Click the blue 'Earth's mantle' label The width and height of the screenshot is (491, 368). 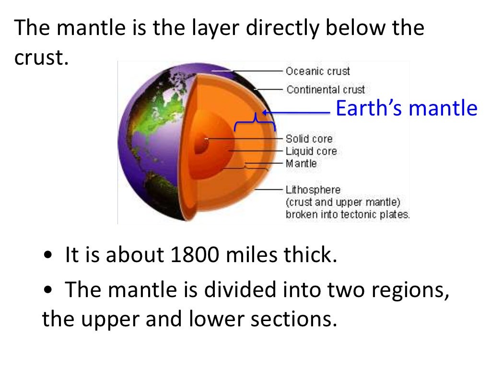pos(407,109)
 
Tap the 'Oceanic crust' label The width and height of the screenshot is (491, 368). pos(318,71)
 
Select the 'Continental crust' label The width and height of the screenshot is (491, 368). pos(326,90)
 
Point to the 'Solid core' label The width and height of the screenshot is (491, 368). pos(309,139)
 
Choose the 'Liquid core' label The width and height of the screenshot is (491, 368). pos(311,151)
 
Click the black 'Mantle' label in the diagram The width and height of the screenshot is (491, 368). pos(301,163)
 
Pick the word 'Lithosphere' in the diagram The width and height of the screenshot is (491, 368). pos(313,190)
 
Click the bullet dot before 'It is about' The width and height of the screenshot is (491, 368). pos(47,256)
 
